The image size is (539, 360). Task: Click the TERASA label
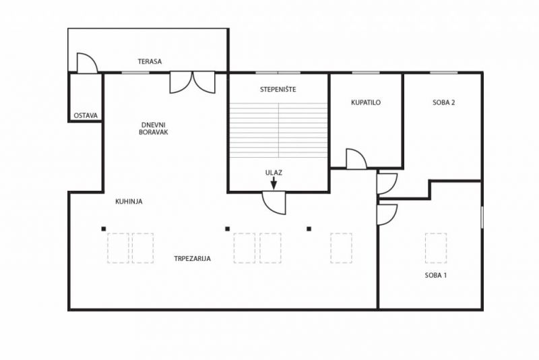click(150, 61)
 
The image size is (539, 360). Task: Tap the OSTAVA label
click(86, 115)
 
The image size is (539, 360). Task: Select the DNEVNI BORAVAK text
click(154, 128)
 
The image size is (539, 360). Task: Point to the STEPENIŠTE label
click(278, 90)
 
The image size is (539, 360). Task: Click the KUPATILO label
click(366, 102)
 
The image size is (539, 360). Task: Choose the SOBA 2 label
click(444, 102)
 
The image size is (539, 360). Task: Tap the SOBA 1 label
click(435, 275)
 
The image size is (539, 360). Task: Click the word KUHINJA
click(129, 202)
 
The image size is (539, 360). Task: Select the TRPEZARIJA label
click(192, 259)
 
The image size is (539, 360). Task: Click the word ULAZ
click(274, 173)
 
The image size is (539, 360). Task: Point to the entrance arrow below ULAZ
click(274, 183)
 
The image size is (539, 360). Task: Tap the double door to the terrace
click(193, 82)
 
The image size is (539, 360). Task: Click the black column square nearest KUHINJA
click(104, 229)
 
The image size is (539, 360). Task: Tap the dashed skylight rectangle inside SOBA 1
click(436, 248)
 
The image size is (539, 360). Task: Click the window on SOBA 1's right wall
click(482, 217)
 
